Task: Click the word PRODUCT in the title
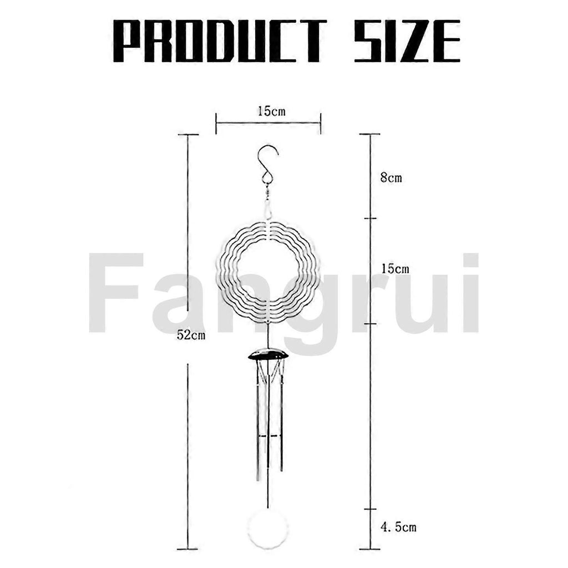(x=220, y=41)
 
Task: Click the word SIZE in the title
(x=407, y=41)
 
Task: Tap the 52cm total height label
(x=191, y=336)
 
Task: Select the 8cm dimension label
(x=391, y=178)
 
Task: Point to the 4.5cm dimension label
(x=398, y=527)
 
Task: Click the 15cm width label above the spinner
(x=272, y=111)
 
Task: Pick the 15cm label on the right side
(x=395, y=269)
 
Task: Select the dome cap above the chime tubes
(x=268, y=354)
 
